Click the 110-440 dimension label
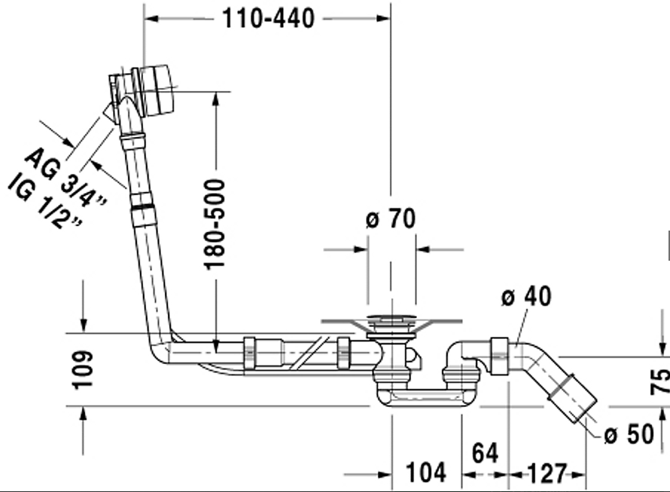268,18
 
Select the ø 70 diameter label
391,219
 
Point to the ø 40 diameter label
526,296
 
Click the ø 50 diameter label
629,435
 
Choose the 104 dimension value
426,472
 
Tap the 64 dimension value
485,453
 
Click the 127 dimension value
547,473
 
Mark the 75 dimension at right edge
660,380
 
